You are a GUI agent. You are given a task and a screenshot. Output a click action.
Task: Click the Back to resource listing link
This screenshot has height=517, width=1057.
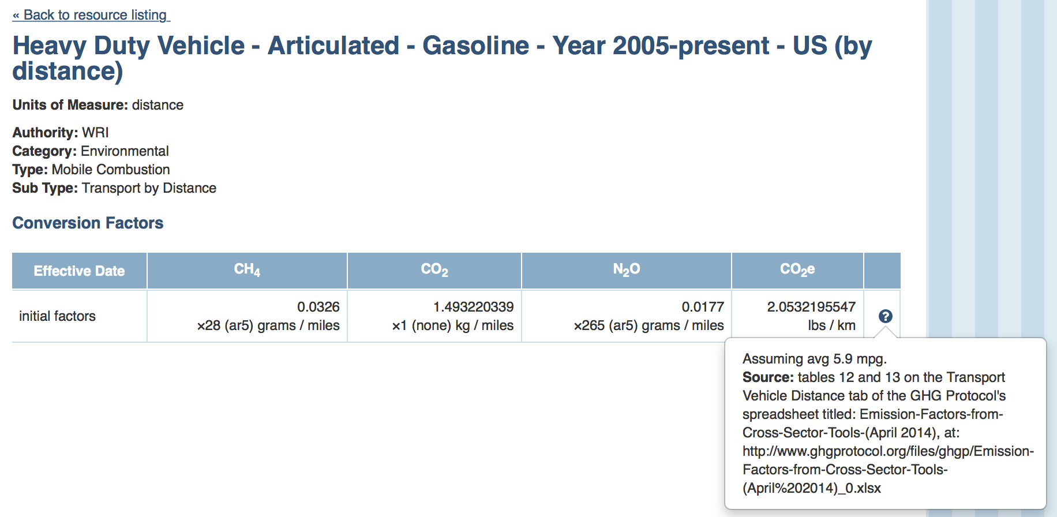tap(91, 15)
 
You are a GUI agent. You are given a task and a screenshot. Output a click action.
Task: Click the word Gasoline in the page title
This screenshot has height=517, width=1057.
tap(475, 46)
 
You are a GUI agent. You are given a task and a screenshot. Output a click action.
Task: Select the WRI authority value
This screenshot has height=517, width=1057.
tap(95, 133)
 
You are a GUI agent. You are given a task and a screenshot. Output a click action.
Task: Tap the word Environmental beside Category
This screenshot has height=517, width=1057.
tap(125, 151)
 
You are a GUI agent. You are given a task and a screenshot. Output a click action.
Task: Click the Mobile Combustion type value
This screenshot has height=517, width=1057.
tap(111, 170)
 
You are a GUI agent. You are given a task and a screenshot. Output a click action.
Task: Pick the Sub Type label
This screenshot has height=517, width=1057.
tap(45, 188)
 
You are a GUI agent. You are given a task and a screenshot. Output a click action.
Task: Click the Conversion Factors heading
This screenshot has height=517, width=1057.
tap(88, 223)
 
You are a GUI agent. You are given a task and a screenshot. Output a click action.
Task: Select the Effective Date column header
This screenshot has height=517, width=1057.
tap(79, 271)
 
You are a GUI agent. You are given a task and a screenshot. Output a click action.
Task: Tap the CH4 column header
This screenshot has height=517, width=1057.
tap(247, 269)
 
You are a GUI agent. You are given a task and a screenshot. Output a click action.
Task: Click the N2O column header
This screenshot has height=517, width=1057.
tap(627, 269)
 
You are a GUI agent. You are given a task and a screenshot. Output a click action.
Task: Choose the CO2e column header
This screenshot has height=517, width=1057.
tap(797, 269)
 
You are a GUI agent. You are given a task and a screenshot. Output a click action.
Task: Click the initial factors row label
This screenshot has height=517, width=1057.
tap(57, 316)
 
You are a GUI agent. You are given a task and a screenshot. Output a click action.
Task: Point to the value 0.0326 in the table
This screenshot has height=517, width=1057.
tap(318, 307)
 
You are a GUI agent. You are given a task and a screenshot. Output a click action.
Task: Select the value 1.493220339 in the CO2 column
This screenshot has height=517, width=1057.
tap(474, 307)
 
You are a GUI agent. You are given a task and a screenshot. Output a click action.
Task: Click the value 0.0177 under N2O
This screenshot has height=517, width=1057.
tap(703, 307)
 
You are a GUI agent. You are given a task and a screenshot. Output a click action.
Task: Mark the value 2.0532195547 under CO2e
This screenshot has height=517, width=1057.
tap(811, 307)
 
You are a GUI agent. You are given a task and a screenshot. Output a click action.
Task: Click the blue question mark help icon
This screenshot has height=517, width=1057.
tap(886, 316)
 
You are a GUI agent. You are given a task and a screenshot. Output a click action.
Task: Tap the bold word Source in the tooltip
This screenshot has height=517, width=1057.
tap(769, 377)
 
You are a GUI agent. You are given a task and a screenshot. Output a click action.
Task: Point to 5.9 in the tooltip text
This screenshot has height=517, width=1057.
tap(843, 359)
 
